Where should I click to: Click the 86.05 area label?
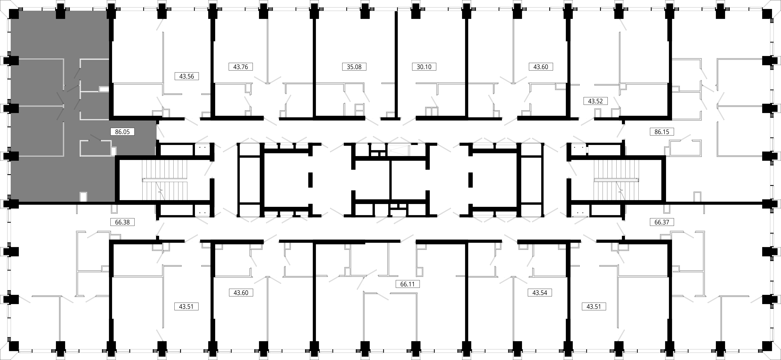click(122, 132)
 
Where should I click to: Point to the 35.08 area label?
click(354, 67)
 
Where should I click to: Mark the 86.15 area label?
click(662, 132)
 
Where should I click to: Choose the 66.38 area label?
click(122, 222)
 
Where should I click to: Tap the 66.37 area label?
click(662, 222)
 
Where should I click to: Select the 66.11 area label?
click(407, 284)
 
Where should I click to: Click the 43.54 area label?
click(540, 293)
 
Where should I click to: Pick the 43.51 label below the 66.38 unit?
click(186, 307)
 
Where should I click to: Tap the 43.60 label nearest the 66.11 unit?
click(241, 293)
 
